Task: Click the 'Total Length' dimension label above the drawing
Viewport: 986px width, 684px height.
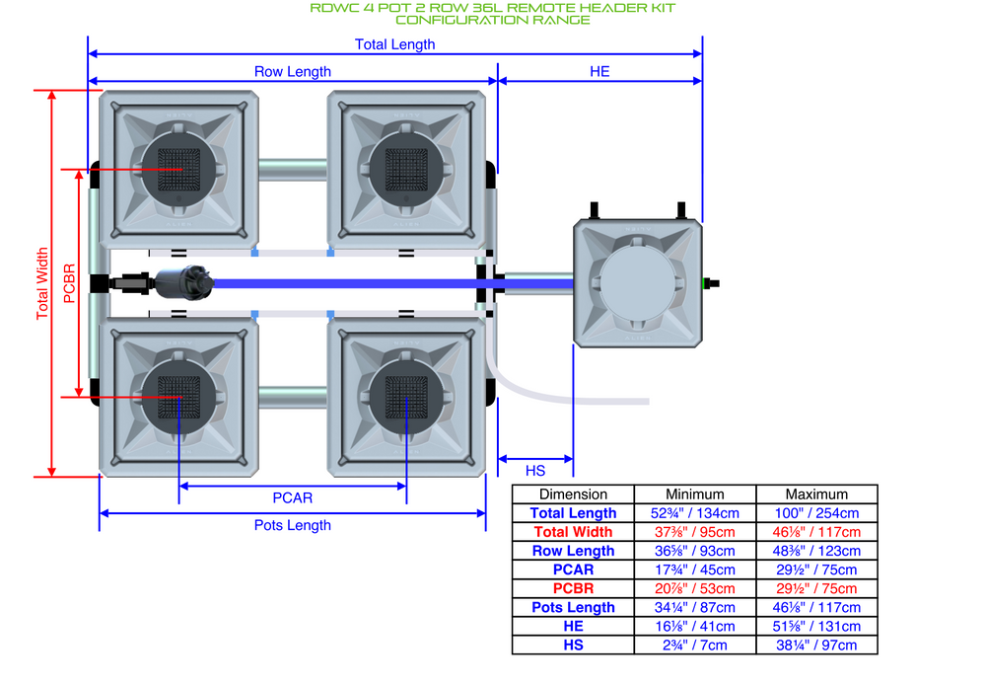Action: click(x=394, y=44)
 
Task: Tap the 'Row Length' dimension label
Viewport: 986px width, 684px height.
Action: click(x=293, y=71)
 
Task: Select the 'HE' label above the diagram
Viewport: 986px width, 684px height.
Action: click(x=599, y=71)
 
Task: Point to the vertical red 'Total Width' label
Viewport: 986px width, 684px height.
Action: click(x=42, y=283)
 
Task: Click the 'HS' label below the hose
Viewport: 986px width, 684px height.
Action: click(x=535, y=471)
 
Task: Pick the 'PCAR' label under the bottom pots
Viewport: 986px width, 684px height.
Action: click(x=293, y=497)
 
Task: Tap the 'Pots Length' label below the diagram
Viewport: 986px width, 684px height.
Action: click(x=293, y=525)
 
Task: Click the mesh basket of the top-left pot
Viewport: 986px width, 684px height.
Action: click(x=181, y=169)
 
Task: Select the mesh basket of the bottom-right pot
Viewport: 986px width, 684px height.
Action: click(x=405, y=397)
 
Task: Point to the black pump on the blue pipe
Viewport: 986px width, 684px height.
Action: click(x=180, y=283)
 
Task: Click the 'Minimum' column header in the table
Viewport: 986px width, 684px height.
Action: click(x=694, y=494)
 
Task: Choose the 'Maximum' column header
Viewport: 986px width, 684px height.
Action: click(x=816, y=494)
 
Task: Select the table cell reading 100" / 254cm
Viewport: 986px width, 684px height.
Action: click(x=816, y=513)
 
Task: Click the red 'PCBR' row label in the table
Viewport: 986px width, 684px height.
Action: click(x=573, y=588)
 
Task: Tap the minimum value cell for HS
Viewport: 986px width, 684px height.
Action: click(x=694, y=645)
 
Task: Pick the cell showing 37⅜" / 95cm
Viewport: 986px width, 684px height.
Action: click(x=694, y=532)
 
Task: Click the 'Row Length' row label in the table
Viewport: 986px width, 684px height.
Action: click(x=573, y=551)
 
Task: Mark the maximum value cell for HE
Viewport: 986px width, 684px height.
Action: click(x=816, y=626)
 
